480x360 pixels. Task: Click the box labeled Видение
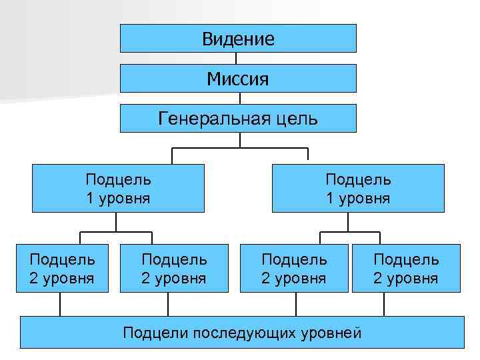(238, 39)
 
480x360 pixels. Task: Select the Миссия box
(238, 79)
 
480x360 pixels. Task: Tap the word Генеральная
(212, 118)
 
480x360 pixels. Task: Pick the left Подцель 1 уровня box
(118, 189)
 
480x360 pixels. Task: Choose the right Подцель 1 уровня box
(357, 189)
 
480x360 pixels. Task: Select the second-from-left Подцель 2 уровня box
(174, 268)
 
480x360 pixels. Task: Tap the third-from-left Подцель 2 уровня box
(294, 268)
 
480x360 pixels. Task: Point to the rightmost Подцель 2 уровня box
(406, 268)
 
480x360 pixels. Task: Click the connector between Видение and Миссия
(237, 58)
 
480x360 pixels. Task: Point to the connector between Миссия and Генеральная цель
(237, 98)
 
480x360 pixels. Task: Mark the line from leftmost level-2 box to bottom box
(61, 305)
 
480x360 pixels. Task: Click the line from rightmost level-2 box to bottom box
(385, 305)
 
